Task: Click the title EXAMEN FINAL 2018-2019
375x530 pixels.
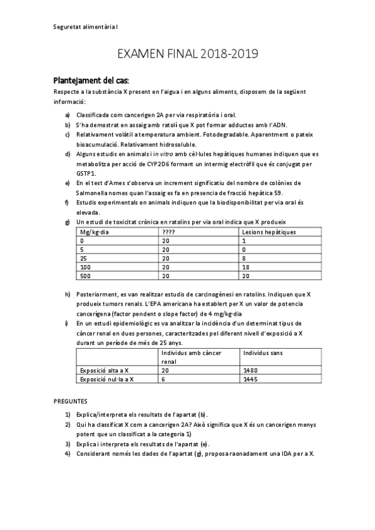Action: click(187, 55)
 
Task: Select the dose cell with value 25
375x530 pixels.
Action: click(83, 257)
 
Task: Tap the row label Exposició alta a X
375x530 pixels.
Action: click(105, 370)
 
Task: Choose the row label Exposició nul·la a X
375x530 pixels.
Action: click(107, 379)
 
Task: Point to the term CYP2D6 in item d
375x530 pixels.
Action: click(162, 164)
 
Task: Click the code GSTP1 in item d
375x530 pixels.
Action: click(86, 172)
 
